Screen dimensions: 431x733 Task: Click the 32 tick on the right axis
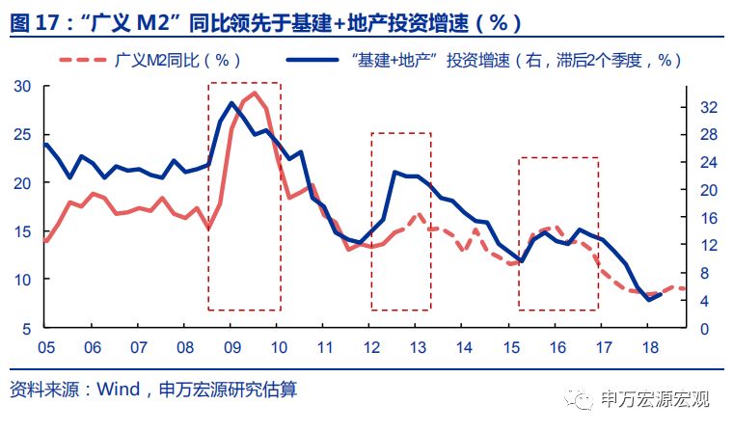(x=707, y=106)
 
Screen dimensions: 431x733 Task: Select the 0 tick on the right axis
(x=703, y=329)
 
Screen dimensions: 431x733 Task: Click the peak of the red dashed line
(x=254, y=94)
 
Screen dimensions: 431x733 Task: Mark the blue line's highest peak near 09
(x=232, y=102)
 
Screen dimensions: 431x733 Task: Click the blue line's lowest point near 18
(x=648, y=299)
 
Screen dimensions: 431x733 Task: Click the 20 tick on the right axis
(x=707, y=190)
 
